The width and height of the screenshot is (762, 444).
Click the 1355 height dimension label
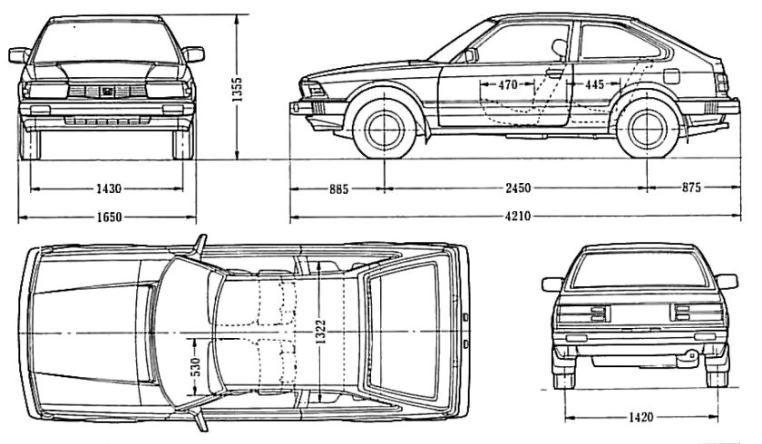pos(237,92)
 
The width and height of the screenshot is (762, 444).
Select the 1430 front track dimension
pos(107,188)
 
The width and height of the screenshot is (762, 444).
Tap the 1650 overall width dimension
pos(107,217)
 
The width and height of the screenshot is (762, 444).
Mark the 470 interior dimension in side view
pos(508,84)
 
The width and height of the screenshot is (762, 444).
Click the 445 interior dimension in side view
pos(594,84)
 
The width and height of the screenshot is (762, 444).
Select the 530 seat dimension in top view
pos(195,366)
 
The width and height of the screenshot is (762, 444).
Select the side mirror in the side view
pos(470,55)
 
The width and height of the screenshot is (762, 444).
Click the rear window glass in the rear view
pos(640,271)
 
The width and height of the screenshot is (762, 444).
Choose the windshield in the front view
pos(107,40)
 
